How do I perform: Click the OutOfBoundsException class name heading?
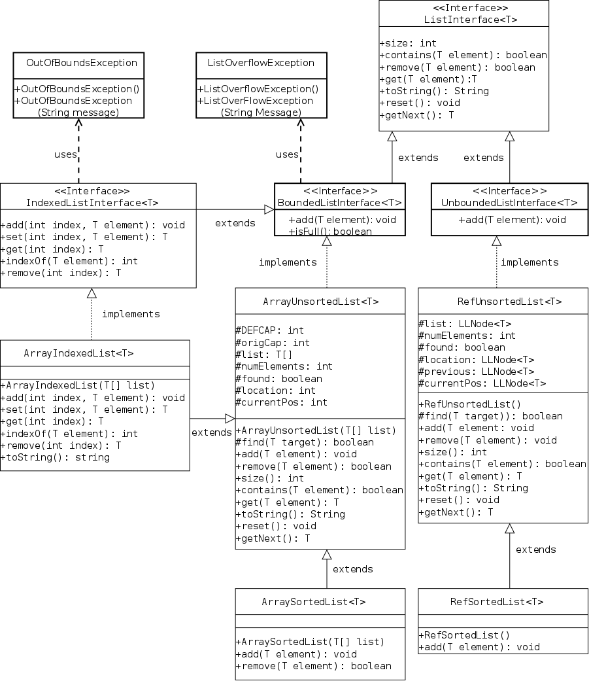pos(82,63)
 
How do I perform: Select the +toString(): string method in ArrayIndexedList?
pos(56,457)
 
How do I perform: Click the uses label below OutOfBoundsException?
pos(65,154)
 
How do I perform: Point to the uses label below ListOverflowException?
pos(287,154)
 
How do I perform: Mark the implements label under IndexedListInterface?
pos(131,314)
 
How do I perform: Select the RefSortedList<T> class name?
pos(496,602)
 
